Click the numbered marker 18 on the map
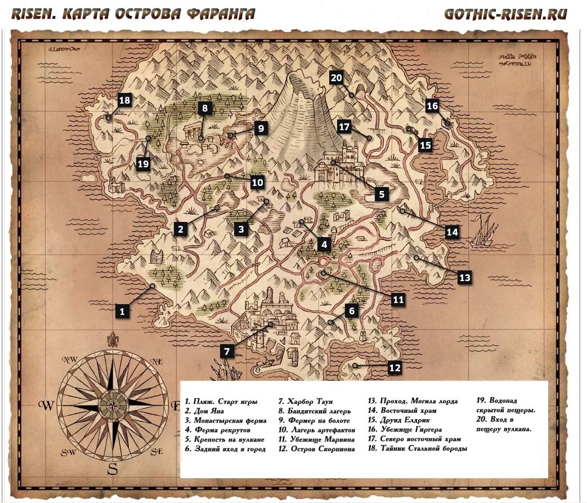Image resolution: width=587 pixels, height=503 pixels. [124, 101]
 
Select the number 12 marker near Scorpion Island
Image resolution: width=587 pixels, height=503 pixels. [395, 368]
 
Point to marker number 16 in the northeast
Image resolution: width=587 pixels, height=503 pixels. [432, 105]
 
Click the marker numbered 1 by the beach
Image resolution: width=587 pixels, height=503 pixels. [123, 310]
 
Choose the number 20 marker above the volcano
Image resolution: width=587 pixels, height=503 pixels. [337, 78]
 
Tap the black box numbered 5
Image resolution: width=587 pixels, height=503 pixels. [381, 194]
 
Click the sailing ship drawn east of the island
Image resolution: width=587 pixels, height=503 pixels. [484, 231]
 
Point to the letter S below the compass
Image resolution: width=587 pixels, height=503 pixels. [112, 469]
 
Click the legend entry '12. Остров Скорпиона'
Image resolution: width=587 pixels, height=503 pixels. [316, 449]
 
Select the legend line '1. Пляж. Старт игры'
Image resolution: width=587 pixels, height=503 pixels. [221, 402]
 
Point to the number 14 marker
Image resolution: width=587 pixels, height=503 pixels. [452, 232]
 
